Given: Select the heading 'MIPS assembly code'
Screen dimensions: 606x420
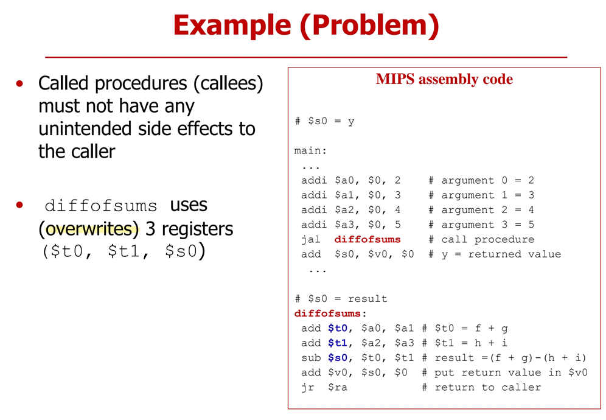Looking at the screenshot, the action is click(444, 79).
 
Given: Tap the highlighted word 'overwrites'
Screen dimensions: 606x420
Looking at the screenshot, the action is click(92, 229).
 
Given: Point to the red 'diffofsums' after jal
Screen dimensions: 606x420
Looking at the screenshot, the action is click(367, 239).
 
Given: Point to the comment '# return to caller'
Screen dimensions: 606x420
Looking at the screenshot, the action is click(481, 387).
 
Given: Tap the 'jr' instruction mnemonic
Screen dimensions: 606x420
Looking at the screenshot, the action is click(308, 387).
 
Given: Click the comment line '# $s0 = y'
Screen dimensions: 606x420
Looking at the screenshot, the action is click(324, 121).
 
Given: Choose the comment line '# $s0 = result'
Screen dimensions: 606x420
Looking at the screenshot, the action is click(341, 299).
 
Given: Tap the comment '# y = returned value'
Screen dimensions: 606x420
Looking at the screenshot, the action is click(494, 254).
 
